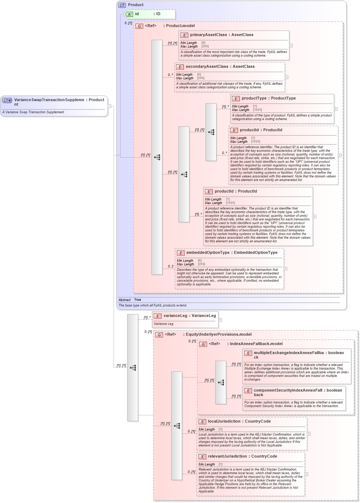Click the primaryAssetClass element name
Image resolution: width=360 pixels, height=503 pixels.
(208, 35)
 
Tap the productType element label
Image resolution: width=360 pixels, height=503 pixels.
(254, 98)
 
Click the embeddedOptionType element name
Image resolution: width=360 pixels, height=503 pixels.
(208, 253)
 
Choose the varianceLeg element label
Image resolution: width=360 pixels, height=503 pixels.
(175, 316)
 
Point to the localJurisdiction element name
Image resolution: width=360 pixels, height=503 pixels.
(224, 422)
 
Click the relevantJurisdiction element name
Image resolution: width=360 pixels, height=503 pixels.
(227, 456)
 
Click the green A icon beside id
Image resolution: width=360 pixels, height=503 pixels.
(129, 14)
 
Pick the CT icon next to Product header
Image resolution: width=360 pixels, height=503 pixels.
(122, 5)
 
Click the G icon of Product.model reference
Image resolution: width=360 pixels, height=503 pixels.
(139, 26)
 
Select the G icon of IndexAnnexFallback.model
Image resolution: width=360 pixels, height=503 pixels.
(203, 344)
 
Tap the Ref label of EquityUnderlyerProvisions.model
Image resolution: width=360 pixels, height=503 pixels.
(170, 335)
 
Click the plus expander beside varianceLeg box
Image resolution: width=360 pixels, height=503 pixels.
(220, 320)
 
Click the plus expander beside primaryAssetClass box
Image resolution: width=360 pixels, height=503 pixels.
(291, 46)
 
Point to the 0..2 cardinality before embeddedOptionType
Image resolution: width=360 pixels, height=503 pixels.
(171, 266)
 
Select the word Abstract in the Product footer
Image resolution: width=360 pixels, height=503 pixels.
(124, 300)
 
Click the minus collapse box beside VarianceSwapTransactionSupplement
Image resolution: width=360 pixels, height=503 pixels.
(110, 106)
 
